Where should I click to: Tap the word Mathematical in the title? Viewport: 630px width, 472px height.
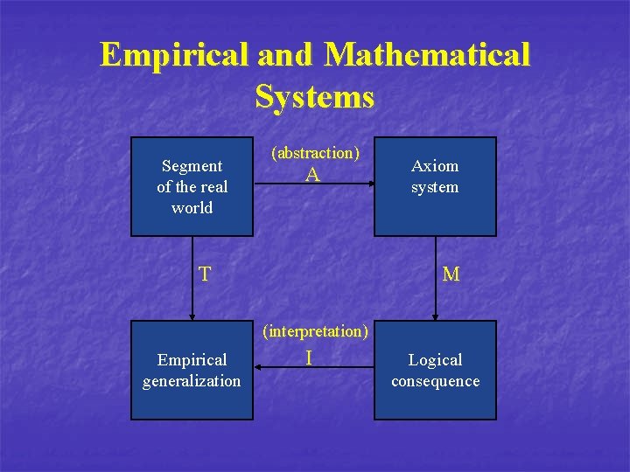tap(427, 55)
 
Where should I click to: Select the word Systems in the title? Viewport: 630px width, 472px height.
tap(315, 96)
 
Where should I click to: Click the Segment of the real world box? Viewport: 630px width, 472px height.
tap(192, 186)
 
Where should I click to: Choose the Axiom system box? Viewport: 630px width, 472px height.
tap(435, 186)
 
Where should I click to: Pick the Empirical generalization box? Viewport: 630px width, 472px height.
tap(192, 370)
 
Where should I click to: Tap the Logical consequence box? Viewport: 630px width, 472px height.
tap(435, 370)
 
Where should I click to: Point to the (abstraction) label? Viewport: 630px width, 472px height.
tap(315, 152)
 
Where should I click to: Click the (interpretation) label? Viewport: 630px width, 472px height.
tap(315, 331)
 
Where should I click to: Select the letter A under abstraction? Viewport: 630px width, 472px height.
tap(312, 175)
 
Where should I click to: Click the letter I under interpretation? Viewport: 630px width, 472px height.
tap(309, 357)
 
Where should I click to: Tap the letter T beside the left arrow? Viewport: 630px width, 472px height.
tap(204, 274)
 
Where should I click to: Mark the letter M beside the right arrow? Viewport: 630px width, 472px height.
tap(451, 274)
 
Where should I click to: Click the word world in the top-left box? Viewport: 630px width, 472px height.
tap(192, 208)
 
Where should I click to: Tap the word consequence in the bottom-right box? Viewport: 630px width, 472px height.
tap(435, 381)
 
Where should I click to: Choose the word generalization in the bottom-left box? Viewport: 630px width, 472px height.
tap(192, 381)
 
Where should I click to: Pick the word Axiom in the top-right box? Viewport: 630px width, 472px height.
tap(435, 166)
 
